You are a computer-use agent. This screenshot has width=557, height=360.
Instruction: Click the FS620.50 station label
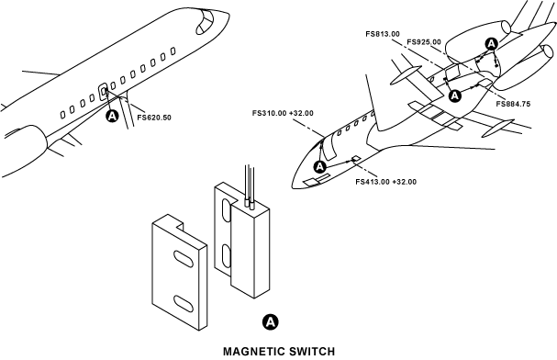point(154,118)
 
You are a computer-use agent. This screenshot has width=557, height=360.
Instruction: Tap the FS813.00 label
point(383,34)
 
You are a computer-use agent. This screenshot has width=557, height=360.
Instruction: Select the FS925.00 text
point(424,42)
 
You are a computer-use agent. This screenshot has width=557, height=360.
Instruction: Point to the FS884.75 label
point(513,104)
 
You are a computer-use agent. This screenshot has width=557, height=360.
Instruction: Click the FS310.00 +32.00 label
point(283,113)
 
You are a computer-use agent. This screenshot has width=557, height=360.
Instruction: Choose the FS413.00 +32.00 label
point(385,182)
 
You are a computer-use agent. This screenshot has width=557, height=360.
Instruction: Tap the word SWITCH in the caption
point(312,352)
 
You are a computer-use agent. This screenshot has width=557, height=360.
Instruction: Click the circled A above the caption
point(271,322)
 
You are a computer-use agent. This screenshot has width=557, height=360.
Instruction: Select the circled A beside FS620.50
point(112,116)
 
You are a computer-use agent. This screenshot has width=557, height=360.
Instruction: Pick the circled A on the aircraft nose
point(320,166)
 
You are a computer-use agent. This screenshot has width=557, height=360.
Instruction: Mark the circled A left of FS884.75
point(455,96)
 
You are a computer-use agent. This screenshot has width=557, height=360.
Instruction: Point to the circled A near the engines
point(491,44)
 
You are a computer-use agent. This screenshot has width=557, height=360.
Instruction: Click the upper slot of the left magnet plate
point(184,259)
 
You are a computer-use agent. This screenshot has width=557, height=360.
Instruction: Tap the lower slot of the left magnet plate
point(184,303)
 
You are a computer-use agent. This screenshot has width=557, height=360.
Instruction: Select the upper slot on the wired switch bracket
point(226,210)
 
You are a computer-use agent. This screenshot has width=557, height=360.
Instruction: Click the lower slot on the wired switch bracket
point(226,256)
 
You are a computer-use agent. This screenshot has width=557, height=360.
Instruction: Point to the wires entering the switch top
point(250,186)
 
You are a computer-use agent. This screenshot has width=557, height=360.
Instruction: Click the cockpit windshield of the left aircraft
point(205,22)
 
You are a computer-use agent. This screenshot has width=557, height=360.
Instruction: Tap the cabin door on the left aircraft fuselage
point(103,92)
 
